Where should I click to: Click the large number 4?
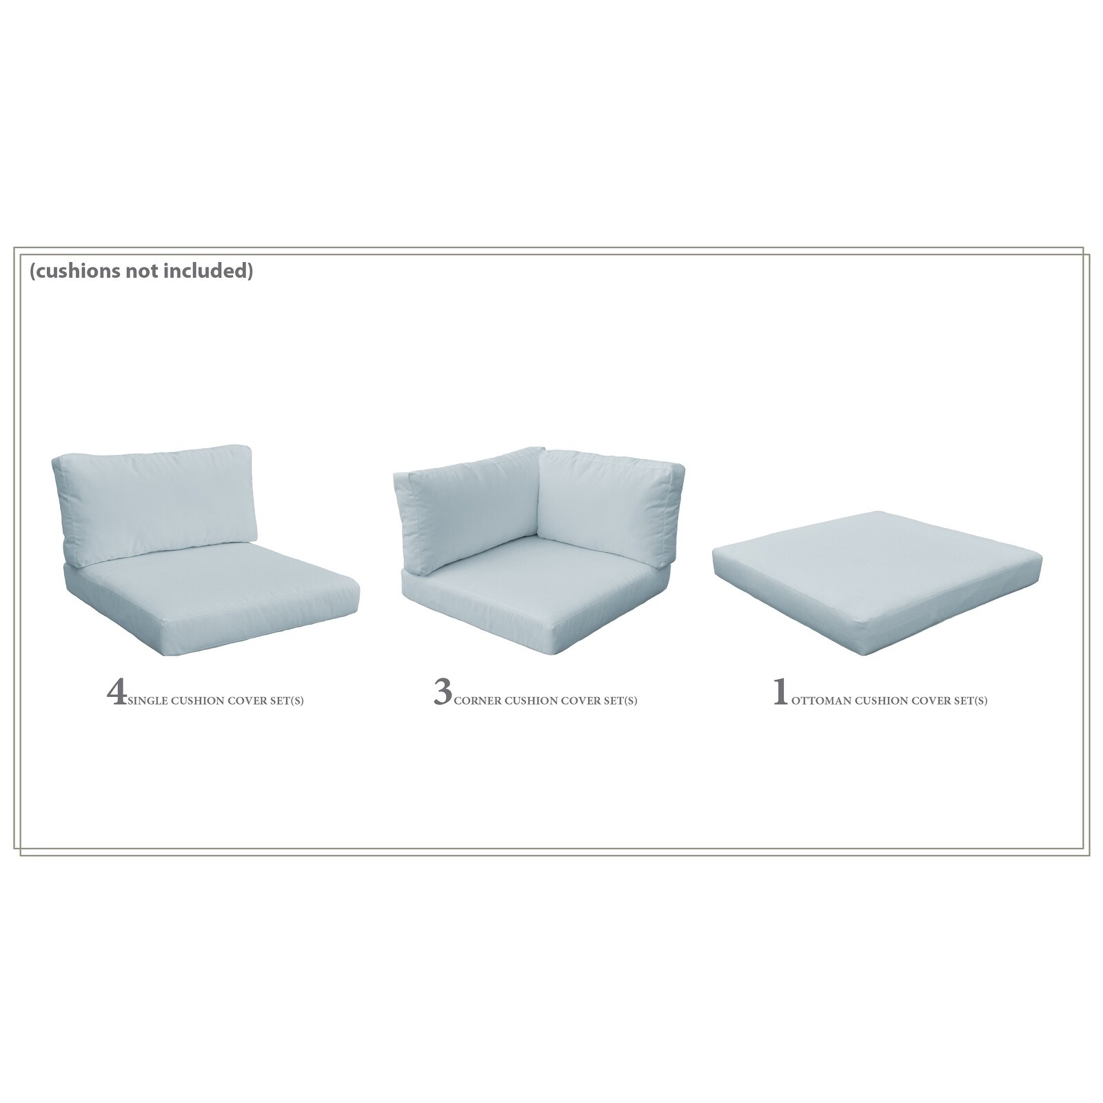(x=117, y=693)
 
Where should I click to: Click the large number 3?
(x=443, y=693)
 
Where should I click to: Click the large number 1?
(x=780, y=693)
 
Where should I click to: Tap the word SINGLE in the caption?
(x=147, y=702)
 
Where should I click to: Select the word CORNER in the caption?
(x=477, y=702)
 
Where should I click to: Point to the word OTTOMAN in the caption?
(x=821, y=702)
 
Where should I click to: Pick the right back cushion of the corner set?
(x=608, y=498)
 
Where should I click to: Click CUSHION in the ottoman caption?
(x=882, y=702)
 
